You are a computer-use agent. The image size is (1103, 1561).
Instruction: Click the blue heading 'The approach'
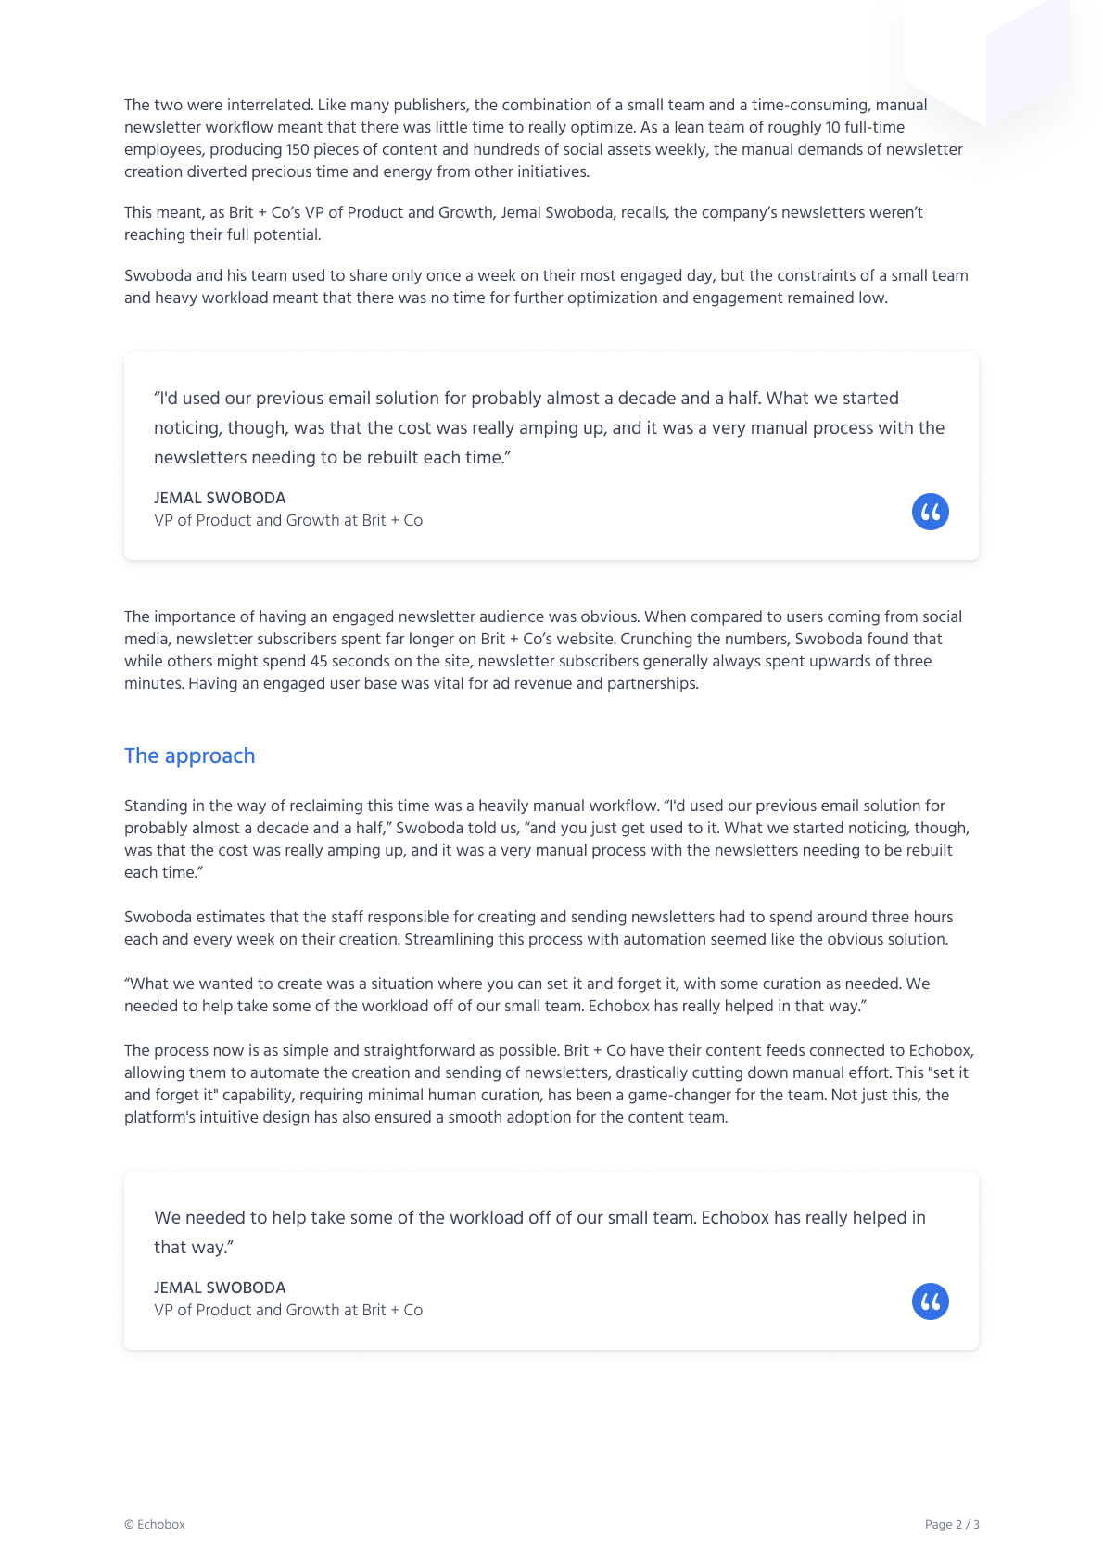189,755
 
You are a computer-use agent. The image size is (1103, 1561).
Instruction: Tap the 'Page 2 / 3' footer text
951,1524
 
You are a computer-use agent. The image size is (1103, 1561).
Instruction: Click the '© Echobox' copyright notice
155,1524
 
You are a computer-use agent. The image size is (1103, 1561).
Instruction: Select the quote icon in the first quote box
930,512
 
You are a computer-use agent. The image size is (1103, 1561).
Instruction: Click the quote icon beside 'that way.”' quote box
930,1301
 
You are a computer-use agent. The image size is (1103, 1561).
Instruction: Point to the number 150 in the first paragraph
298,149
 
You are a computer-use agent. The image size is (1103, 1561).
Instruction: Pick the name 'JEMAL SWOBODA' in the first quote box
220,498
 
